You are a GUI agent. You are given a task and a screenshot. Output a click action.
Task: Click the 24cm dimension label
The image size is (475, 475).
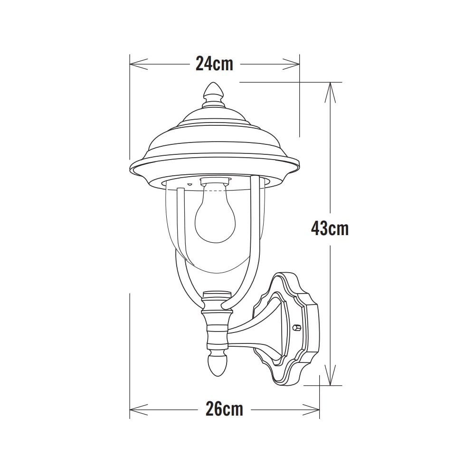coord(215,63)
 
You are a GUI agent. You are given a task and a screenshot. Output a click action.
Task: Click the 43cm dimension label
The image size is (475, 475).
coord(330,228)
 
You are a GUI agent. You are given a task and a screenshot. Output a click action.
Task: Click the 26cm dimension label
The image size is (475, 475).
coord(224,408)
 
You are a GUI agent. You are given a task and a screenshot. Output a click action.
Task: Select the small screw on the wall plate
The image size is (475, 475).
coord(296,327)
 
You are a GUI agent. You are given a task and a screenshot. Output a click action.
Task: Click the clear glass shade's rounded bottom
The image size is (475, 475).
coord(215,266)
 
